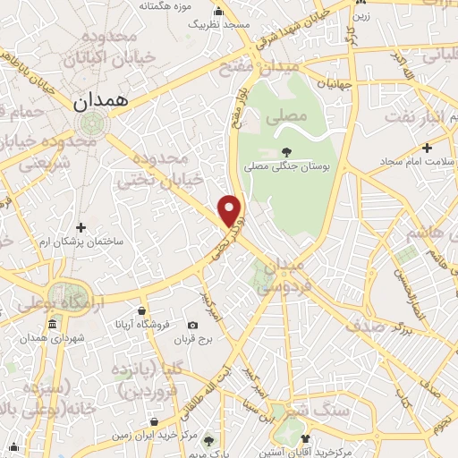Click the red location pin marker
(x=231, y=210)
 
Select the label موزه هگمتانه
(x=171, y=6)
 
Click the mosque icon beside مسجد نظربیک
(x=219, y=13)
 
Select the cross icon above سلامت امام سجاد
(x=428, y=147)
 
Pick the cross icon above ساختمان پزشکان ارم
(x=81, y=227)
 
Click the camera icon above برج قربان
(x=193, y=325)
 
